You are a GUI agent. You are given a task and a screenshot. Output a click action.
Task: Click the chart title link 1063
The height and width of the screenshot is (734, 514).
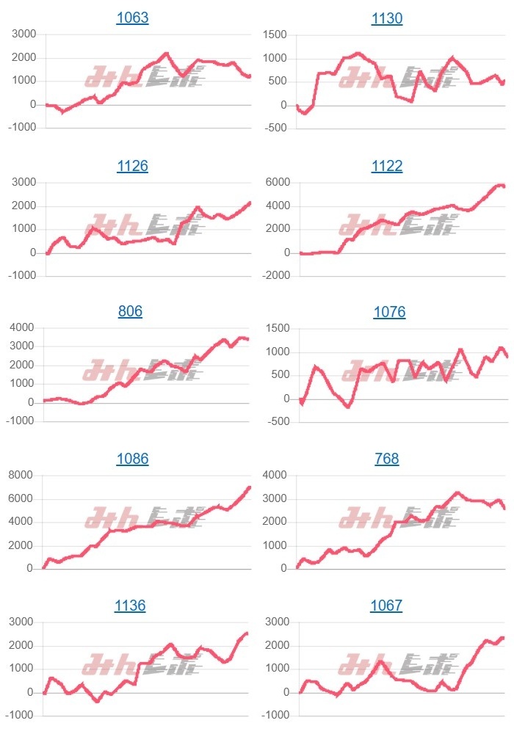[x=132, y=18]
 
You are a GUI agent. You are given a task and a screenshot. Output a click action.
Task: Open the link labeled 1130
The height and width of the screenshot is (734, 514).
[x=387, y=18]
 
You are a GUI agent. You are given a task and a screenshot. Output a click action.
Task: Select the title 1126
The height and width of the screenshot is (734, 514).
[x=132, y=166]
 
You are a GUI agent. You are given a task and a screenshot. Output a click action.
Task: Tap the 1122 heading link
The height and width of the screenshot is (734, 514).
[x=387, y=166]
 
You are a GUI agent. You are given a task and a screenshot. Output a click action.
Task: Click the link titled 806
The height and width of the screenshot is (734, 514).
[x=130, y=312]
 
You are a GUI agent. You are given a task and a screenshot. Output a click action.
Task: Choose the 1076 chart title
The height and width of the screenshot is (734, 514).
[x=389, y=312]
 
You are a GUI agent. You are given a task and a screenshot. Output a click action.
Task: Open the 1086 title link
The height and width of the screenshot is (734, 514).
[x=132, y=459]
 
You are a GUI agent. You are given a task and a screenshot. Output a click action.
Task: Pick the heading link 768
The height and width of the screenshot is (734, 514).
[x=387, y=459]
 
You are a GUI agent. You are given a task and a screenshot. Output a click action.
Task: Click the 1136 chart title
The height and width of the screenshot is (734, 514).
[x=130, y=606]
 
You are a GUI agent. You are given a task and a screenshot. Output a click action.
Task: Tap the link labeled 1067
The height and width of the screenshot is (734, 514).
[x=387, y=606]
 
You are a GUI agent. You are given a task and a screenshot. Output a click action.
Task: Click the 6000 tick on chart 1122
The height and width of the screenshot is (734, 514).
[x=278, y=182]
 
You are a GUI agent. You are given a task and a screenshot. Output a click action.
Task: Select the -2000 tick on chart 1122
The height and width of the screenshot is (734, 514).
[x=275, y=275]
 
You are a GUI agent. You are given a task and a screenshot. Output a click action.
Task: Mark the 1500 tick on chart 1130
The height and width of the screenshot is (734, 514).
[x=278, y=34]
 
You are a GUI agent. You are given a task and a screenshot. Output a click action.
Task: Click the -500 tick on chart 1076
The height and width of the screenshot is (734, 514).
[x=278, y=422]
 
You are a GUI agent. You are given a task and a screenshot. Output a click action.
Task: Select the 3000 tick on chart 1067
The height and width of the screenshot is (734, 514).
[x=278, y=622]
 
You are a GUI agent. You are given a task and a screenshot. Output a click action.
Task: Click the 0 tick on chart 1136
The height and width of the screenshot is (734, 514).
[x=31, y=692]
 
